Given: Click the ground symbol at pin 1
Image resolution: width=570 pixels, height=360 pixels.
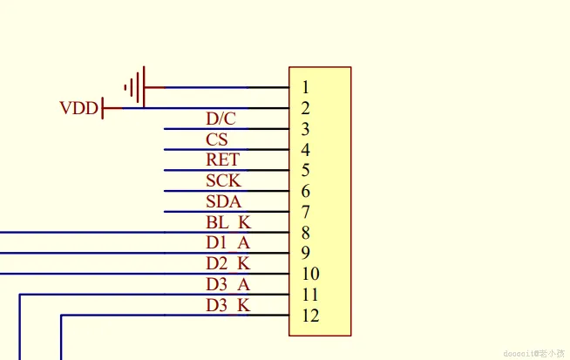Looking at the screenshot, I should [134, 87].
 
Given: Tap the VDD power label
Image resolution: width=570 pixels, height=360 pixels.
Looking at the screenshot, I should [78, 109].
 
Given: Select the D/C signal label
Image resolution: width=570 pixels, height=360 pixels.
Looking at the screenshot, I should [221, 119].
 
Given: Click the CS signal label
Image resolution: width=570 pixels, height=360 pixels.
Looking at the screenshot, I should [217, 139].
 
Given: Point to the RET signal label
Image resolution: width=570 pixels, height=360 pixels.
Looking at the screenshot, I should [222, 160].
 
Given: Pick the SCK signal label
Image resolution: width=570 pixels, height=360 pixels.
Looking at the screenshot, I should [223, 180].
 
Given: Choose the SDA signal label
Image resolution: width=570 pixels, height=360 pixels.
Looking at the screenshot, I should [222, 201].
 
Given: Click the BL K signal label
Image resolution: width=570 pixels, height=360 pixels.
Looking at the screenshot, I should [227, 222].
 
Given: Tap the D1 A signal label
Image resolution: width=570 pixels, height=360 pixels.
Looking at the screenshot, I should [227, 243].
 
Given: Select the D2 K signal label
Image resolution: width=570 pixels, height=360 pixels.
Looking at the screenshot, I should [227, 263].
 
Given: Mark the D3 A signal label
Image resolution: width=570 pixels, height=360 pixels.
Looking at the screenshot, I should [227, 284].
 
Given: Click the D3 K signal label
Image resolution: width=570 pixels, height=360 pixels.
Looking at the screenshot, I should [227, 305].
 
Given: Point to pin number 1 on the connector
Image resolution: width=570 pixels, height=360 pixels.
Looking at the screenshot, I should [305, 87].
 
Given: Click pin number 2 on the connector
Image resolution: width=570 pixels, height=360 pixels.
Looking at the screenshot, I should [305, 109].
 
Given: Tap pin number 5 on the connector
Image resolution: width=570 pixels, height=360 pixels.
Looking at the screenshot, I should [305, 171].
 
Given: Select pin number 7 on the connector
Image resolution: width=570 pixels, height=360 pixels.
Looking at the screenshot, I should [305, 212].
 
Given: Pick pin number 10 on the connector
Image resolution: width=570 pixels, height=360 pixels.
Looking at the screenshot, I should [310, 274].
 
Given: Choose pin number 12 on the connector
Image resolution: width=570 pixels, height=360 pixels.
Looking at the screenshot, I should [310, 316].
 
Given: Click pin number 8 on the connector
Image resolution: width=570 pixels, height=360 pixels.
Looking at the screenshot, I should [305, 233].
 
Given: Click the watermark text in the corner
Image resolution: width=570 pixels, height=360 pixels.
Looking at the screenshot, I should [533, 352].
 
